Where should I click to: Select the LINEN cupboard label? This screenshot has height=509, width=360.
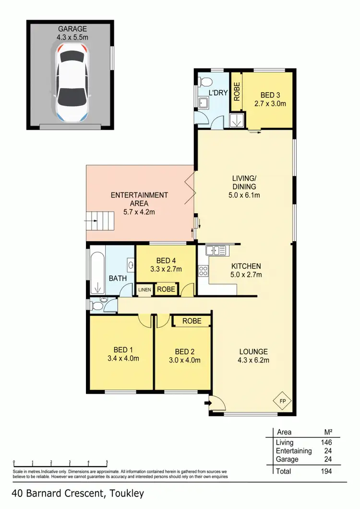pyautogui.click(x=145, y=290)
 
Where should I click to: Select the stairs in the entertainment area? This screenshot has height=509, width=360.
pyautogui.click(x=106, y=221)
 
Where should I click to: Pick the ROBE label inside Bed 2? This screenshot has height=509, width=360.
pyautogui.click(x=192, y=321)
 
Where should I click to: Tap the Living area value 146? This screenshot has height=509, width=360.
pyautogui.click(x=325, y=442)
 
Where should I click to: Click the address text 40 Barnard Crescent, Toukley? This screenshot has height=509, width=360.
pyautogui.click(x=78, y=493)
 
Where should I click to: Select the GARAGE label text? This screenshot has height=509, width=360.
pyautogui.click(x=70, y=28)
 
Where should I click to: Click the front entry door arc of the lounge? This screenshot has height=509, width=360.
pyautogui.click(x=216, y=401)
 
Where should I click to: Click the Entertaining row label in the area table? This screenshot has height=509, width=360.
pyautogui.click(x=294, y=451)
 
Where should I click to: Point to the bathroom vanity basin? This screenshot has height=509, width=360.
pyautogui.click(x=130, y=264)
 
